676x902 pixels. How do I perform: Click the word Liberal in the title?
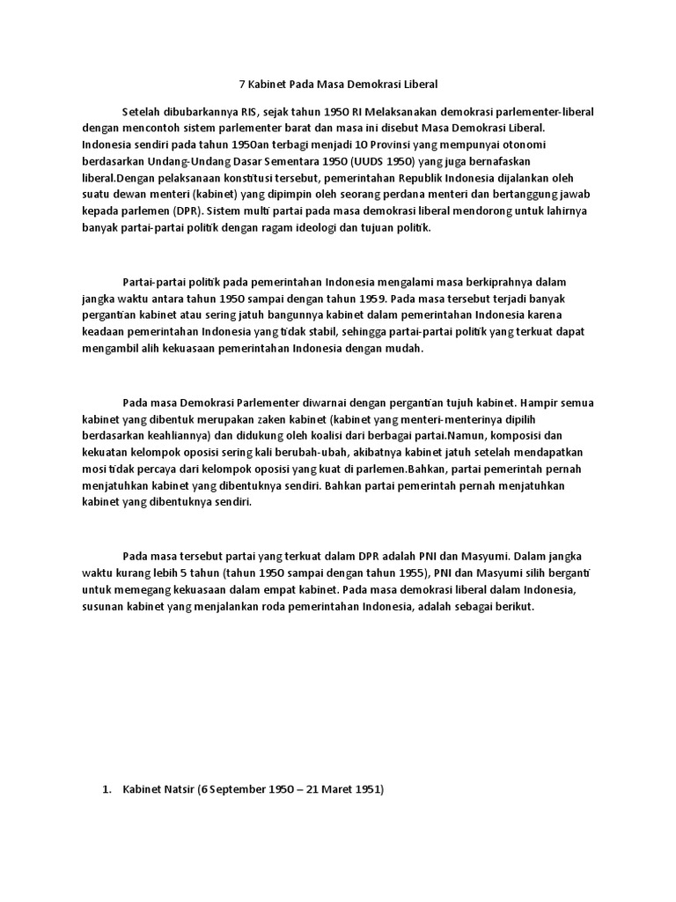420,85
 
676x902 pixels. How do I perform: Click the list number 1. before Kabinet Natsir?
108,791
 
